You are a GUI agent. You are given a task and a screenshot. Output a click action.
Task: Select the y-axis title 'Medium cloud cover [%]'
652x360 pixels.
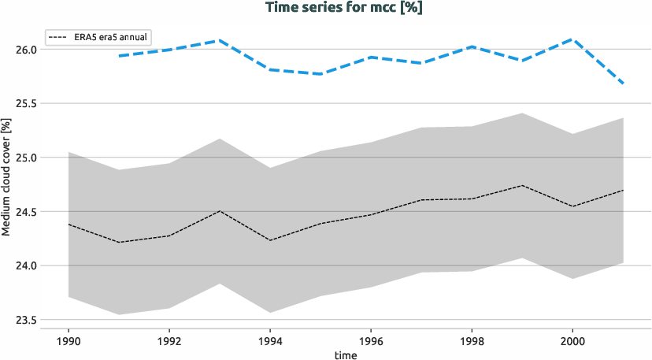pos(6,178)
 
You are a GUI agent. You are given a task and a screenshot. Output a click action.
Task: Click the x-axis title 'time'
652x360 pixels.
pos(346,355)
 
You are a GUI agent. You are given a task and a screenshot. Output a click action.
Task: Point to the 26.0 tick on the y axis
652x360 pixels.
pos(27,50)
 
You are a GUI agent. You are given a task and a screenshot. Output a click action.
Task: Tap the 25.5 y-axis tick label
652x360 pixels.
pos(27,103)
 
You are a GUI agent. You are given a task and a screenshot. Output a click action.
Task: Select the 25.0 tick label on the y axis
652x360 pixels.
pos(27,158)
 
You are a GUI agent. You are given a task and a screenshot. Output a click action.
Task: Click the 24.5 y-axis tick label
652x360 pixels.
pos(27,211)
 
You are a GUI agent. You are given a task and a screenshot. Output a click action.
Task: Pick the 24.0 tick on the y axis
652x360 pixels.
pos(27,265)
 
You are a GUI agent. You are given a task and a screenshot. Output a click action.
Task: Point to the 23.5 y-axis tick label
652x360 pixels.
pos(27,320)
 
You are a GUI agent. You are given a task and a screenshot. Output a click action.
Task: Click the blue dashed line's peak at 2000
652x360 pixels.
pos(572,39)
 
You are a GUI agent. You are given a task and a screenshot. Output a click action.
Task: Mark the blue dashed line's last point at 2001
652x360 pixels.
pos(623,84)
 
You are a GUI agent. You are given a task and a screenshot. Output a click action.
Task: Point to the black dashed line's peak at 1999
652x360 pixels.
pos(522,185)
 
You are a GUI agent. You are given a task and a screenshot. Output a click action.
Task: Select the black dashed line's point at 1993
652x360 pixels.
pos(220,210)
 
